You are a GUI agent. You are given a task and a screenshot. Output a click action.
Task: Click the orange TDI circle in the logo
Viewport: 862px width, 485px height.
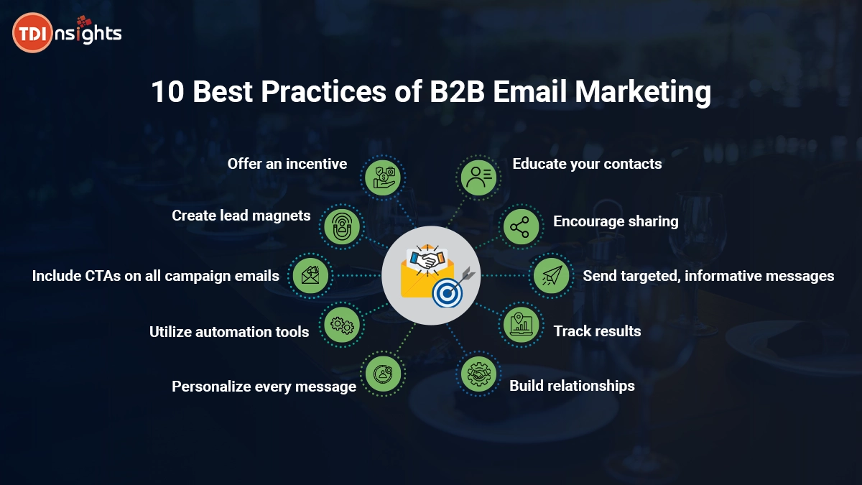point(32,33)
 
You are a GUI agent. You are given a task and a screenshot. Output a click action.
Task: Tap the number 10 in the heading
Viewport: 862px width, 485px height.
point(167,92)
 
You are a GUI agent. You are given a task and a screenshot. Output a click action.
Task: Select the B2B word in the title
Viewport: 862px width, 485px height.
point(457,92)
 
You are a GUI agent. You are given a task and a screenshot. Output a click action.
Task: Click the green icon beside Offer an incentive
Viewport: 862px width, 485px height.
point(383,177)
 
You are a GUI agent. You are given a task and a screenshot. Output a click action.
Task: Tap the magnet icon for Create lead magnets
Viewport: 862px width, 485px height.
point(342,226)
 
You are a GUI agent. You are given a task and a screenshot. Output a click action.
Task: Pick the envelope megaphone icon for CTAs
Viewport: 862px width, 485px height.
point(310,276)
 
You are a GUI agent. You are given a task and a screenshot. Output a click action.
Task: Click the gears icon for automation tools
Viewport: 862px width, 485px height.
point(342,325)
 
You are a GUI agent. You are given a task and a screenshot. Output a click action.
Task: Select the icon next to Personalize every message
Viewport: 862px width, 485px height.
point(383,374)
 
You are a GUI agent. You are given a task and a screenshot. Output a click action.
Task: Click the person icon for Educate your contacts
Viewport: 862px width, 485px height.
point(478,177)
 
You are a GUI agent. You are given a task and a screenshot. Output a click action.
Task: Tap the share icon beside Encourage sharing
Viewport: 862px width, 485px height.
point(521,227)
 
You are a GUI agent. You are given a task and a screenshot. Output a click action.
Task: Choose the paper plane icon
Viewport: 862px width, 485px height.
point(552,276)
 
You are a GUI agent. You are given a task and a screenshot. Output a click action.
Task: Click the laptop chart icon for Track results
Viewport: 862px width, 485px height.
point(521,325)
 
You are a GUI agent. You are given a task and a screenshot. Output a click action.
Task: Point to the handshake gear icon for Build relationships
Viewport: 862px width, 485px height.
point(478,374)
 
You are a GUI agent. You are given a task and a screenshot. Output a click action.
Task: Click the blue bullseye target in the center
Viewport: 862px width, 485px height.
point(447,293)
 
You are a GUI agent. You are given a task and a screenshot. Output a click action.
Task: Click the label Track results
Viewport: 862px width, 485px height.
point(597,331)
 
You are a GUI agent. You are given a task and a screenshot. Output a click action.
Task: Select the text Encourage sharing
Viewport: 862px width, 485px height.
point(616,221)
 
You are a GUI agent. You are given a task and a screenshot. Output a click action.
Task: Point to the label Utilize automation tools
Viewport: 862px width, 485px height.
point(229,332)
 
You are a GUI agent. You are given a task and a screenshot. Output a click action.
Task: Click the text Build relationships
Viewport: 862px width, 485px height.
point(572,386)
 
